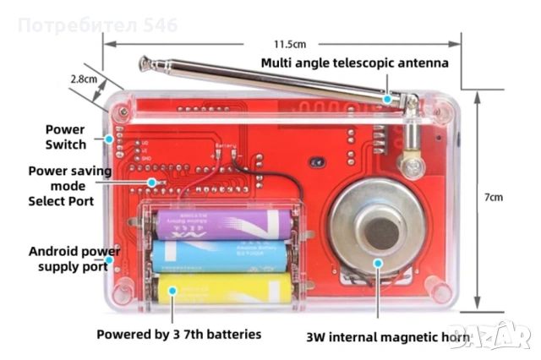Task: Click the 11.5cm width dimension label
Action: coord(289,43)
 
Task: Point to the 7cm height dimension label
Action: coord(493,197)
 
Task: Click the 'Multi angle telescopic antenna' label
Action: coord(354,63)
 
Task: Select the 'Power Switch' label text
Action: coord(65,137)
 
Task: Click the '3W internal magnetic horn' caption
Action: coord(388,338)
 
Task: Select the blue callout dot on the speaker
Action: coord(378,263)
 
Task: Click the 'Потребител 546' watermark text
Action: coord(97,26)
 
